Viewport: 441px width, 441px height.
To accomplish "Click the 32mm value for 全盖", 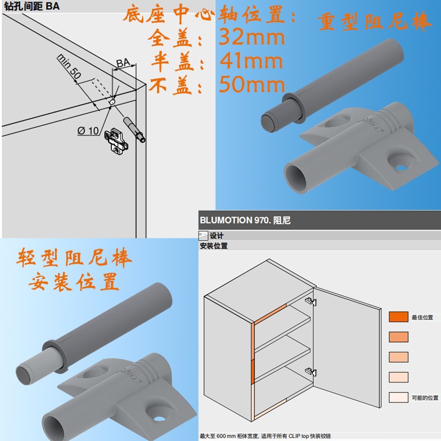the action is (252, 37).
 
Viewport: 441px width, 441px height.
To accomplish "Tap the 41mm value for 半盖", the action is (251, 61).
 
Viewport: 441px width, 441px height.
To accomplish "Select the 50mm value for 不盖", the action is (252, 84).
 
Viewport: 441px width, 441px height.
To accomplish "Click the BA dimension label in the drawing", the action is (123, 63).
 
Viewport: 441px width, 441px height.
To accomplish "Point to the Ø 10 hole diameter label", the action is (88, 131).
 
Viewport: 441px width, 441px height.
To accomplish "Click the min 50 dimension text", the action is (69, 66).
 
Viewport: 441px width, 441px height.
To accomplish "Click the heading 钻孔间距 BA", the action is (32, 6).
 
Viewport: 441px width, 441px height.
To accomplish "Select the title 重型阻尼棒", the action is (374, 21).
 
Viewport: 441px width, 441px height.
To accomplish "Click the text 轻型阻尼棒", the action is (74, 257).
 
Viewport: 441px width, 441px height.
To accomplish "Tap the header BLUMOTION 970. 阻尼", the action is (245, 220).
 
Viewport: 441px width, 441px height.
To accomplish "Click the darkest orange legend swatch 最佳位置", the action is (398, 316).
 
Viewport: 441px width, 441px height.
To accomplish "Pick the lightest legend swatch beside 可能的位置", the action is (398, 397).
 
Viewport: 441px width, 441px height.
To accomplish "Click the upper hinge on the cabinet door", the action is (311, 302).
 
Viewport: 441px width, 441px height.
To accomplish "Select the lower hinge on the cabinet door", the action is (311, 372).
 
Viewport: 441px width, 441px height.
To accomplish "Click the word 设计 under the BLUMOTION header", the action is (217, 236).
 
